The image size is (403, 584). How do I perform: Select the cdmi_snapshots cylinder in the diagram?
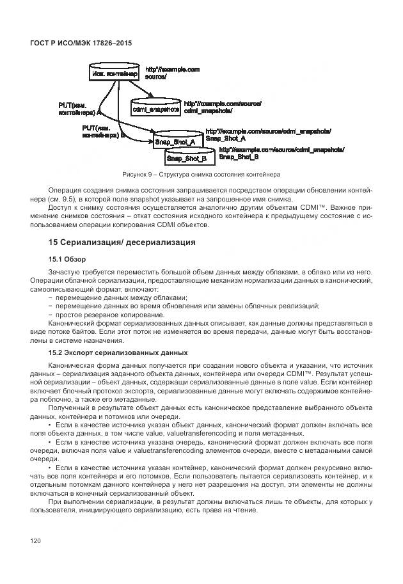155,109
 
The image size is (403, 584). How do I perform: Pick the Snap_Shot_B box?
186,157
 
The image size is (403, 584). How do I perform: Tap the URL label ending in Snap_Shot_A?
268,134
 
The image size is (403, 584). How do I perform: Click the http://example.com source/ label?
173,72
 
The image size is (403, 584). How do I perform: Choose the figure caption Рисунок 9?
201,174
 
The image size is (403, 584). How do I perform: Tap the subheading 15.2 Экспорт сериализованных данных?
118,352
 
